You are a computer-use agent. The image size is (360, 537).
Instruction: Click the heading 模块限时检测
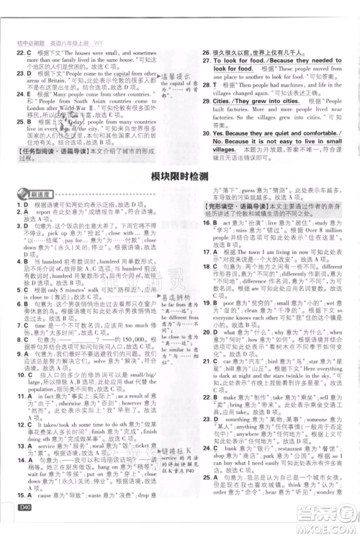click(180, 176)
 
